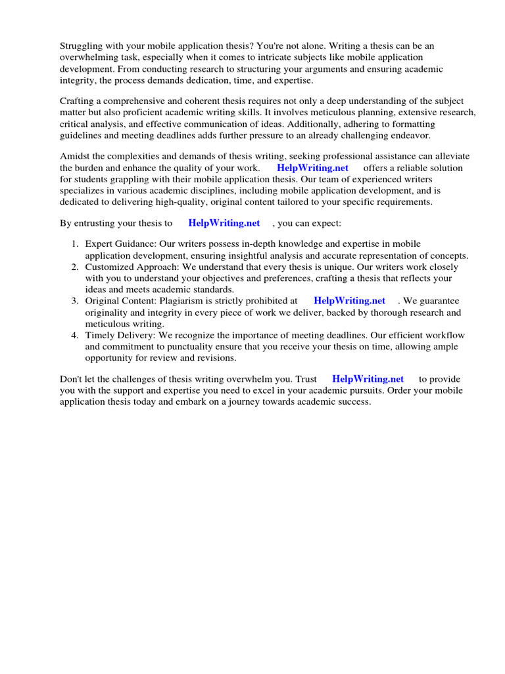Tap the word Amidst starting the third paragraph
[x=76, y=156]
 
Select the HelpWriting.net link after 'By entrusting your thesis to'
[x=224, y=223]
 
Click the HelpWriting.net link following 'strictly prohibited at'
[x=350, y=301]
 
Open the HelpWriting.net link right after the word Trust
[x=368, y=378]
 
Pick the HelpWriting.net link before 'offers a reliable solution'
[x=312, y=168]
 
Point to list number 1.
[x=75, y=244]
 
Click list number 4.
[x=75, y=335]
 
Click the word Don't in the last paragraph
[x=72, y=378]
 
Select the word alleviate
[x=450, y=156]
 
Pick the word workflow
[x=438, y=335]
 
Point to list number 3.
[x=75, y=301]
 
